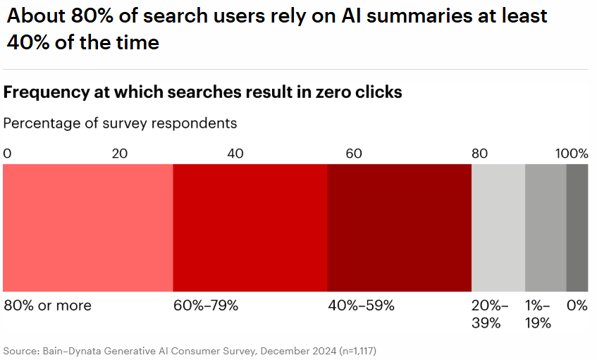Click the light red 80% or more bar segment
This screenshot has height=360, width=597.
click(88, 228)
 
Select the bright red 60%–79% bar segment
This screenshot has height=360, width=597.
click(250, 228)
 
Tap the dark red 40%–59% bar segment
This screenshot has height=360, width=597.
click(399, 228)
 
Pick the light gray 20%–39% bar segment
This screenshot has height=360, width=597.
click(498, 228)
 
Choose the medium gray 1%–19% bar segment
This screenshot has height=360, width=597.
click(546, 228)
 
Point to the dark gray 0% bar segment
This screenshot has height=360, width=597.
click(577, 228)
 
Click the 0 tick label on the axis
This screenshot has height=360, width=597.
click(7, 154)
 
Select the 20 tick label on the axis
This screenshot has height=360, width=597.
click(121, 154)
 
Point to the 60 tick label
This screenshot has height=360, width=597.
click(354, 154)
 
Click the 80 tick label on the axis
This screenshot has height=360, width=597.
click(479, 154)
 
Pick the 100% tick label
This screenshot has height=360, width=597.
click(572, 154)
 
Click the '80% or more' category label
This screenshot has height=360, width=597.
click(48, 306)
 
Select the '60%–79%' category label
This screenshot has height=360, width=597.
click(206, 306)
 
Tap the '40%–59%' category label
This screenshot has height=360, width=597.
click(362, 306)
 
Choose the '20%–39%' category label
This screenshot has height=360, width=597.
click(489, 314)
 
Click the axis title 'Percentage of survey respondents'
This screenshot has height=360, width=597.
click(120, 123)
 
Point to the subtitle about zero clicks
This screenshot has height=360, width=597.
click(203, 92)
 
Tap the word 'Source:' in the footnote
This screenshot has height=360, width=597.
click(20, 350)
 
